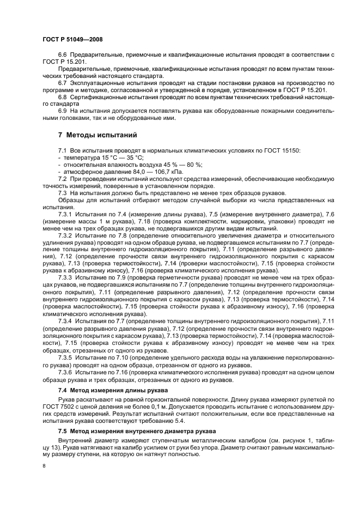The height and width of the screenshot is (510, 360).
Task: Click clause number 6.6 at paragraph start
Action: coord(63,57)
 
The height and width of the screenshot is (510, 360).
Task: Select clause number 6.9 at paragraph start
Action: coord(63,110)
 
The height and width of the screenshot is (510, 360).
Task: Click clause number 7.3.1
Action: coord(66,215)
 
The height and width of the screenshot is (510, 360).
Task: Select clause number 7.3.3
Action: coord(66,277)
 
